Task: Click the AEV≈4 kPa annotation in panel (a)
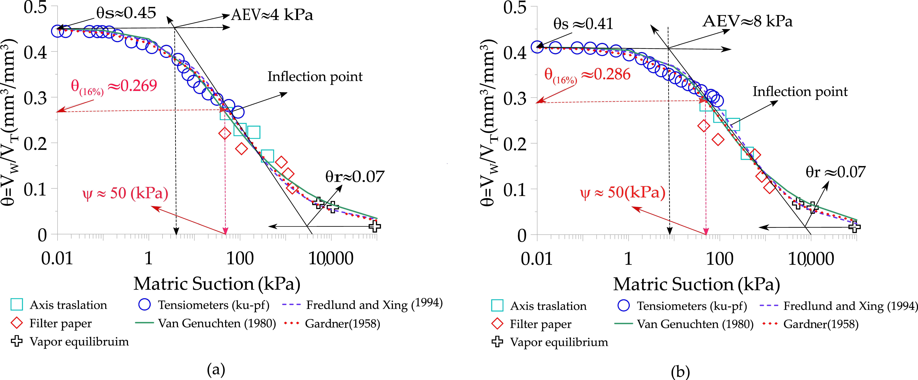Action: click(272, 15)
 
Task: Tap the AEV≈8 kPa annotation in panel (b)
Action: click(747, 21)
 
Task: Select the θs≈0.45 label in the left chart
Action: click(126, 13)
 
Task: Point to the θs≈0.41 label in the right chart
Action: click(583, 24)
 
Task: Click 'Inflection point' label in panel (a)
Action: click(315, 77)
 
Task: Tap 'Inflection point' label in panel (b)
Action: click(800, 92)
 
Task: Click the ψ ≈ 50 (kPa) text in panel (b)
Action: click(623, 193)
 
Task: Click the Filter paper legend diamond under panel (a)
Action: click(17, 323)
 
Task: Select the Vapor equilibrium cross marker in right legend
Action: click(497, 342)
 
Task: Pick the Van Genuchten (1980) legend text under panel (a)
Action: click(217, 323)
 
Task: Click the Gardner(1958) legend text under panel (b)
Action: click(821, 324)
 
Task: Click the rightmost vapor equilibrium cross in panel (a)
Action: click(375, 226)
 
